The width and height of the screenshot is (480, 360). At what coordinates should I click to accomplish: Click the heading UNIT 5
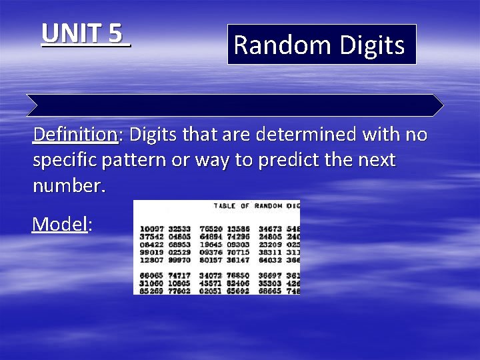(x=85, y=33)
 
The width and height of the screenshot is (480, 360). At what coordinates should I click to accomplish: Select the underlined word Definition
(x=75, y=135)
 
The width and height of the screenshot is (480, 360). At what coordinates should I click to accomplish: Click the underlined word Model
(x=60, y=224)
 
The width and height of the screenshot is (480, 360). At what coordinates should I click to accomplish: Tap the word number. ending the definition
(x=69, y=186)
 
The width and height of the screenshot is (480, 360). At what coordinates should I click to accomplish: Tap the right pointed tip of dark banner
(x=443, y=105)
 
